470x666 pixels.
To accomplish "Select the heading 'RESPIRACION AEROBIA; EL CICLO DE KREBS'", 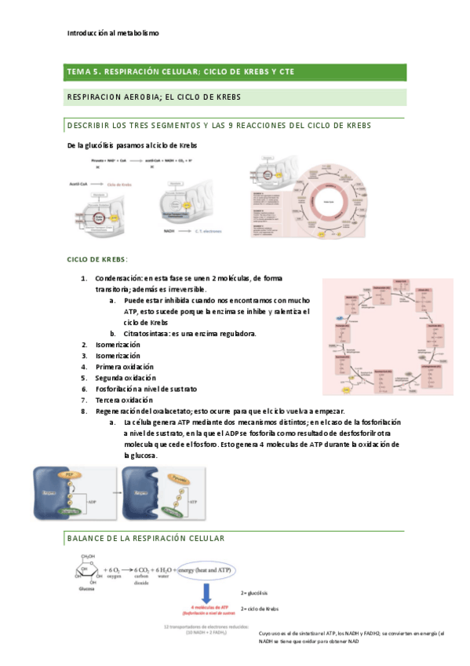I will click(x=154, y=97).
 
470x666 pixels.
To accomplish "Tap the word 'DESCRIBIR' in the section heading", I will click(x=91, y=126).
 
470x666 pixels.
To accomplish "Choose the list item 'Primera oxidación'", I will click(x=125, y=367).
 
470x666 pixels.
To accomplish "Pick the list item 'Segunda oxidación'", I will click(x=126, y=378).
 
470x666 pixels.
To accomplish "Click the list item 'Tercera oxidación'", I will click(x=125, y=400).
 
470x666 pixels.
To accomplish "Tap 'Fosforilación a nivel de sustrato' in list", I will click(x=147, y=389).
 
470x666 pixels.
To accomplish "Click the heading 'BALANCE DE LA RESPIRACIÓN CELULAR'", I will click(x=146, y=538).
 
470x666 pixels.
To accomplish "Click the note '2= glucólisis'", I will click(x=254, y=593).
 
